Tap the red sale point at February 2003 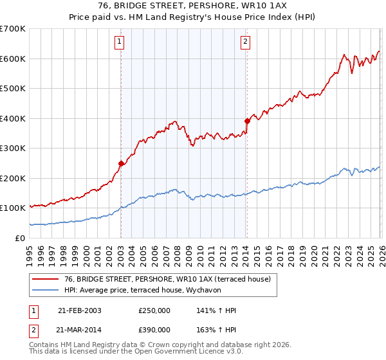121,163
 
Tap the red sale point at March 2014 247,121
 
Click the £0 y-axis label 21,238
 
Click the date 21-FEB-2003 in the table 79,310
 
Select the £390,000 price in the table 154,329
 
